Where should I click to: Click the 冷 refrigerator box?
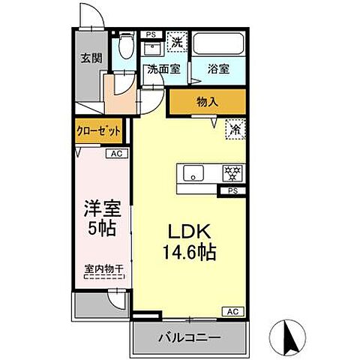pyautogui.click(x=235, y=130)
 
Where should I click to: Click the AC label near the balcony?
pyautogui.click(x=232, y=310)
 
